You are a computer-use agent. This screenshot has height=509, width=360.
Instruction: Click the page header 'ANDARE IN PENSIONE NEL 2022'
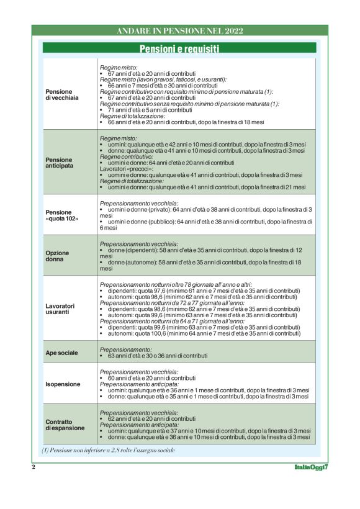pos(179,30)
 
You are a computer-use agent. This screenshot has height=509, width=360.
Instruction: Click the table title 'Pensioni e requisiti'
pos(179,48)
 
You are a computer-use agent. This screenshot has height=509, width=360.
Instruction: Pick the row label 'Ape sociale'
pos(62,353)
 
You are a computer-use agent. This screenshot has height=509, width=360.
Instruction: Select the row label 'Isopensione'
pos(63,384)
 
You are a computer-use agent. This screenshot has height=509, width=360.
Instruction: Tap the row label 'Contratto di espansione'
pos(65,425)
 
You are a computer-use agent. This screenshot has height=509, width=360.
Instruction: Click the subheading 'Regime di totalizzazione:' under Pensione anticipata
pos(134,181)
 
